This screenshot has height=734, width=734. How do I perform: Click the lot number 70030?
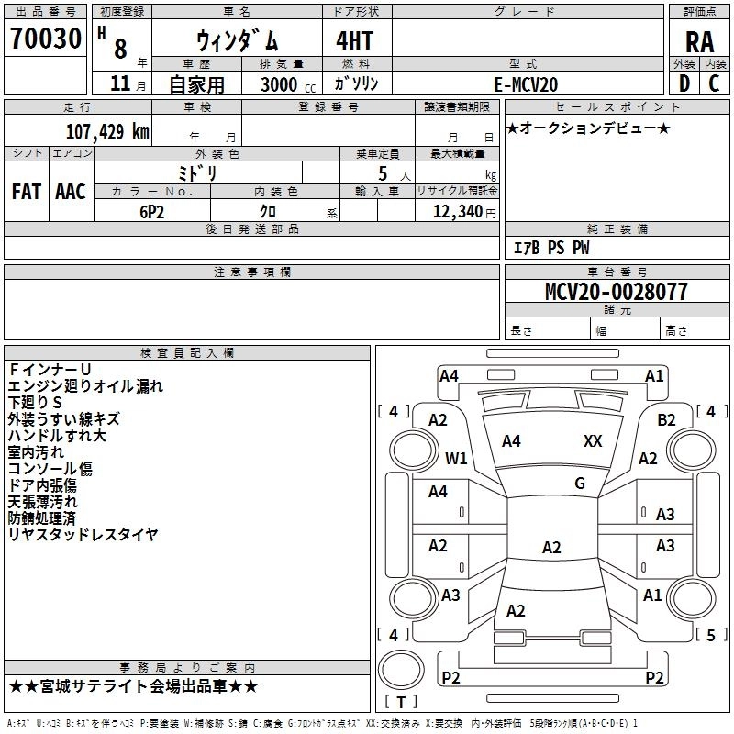click(46, 39)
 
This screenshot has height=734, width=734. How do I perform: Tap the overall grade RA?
click(699, 42)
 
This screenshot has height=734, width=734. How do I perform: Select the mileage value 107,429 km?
click(107, 132)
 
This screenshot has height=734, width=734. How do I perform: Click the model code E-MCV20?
click(526, 84)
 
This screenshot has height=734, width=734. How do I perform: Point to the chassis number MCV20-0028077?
click(617, 292)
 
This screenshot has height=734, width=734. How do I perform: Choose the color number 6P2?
click(152, 212)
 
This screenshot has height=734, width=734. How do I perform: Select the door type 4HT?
click(355, 40)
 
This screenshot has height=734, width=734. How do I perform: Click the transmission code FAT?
click(27, 192)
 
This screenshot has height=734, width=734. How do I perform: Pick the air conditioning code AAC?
click(71, 192)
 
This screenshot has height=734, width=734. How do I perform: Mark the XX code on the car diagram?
click(593, 441)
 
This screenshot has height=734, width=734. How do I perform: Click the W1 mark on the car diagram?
click(456, 458)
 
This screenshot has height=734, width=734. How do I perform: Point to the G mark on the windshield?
click(580, 484)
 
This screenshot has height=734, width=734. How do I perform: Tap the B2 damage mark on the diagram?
click(666, 420)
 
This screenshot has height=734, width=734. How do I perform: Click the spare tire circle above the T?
click(401, 670)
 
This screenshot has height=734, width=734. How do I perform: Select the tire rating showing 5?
click(711, 635)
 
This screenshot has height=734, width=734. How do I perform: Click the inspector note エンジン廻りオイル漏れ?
click(85, 386)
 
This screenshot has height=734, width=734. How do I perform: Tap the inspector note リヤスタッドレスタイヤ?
click(83, 534)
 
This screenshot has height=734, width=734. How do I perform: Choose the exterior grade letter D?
click(684, 83)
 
